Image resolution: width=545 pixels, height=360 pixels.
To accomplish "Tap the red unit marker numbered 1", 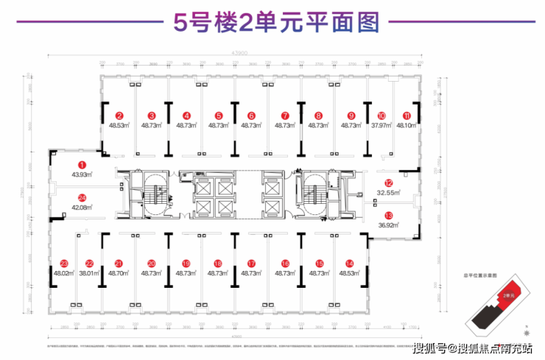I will [x=82, y=166].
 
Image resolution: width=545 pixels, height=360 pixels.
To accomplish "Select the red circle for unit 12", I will [x=388, y=183].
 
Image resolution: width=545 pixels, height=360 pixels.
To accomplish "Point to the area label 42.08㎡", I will [x=82, y=207].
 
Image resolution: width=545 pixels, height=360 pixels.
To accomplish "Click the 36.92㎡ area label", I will [x=388, y=225].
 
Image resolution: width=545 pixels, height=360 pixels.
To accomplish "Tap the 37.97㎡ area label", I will [x=381, y=125].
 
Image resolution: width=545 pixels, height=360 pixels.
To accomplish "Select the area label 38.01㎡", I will [x=89, y=272].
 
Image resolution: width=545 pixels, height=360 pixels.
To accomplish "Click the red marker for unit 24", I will [x=82, y=197].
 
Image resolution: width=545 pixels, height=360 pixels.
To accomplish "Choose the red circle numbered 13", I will [x=388, y=215].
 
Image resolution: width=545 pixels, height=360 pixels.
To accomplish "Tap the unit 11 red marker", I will [x=407, y=116].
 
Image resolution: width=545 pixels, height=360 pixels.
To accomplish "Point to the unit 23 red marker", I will [x=64, y=263].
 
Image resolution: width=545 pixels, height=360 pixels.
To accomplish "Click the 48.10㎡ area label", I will [x=407, y=125].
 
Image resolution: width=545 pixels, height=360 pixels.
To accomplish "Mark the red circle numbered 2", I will [x=119, y=116].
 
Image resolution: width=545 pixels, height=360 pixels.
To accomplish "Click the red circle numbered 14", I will [x=349, y=263].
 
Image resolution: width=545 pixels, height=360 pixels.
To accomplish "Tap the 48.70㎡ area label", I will [x=119, y=272].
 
